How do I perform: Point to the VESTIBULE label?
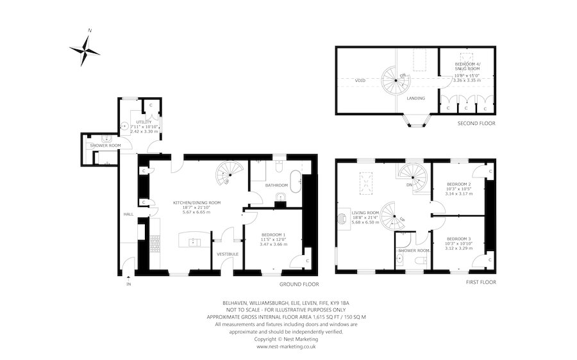pos(228,254)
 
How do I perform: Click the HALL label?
pos(128,214)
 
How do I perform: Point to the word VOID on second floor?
pos(360,81)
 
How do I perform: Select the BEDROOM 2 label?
pos(458,184)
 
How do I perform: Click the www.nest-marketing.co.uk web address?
pos(288,347)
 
